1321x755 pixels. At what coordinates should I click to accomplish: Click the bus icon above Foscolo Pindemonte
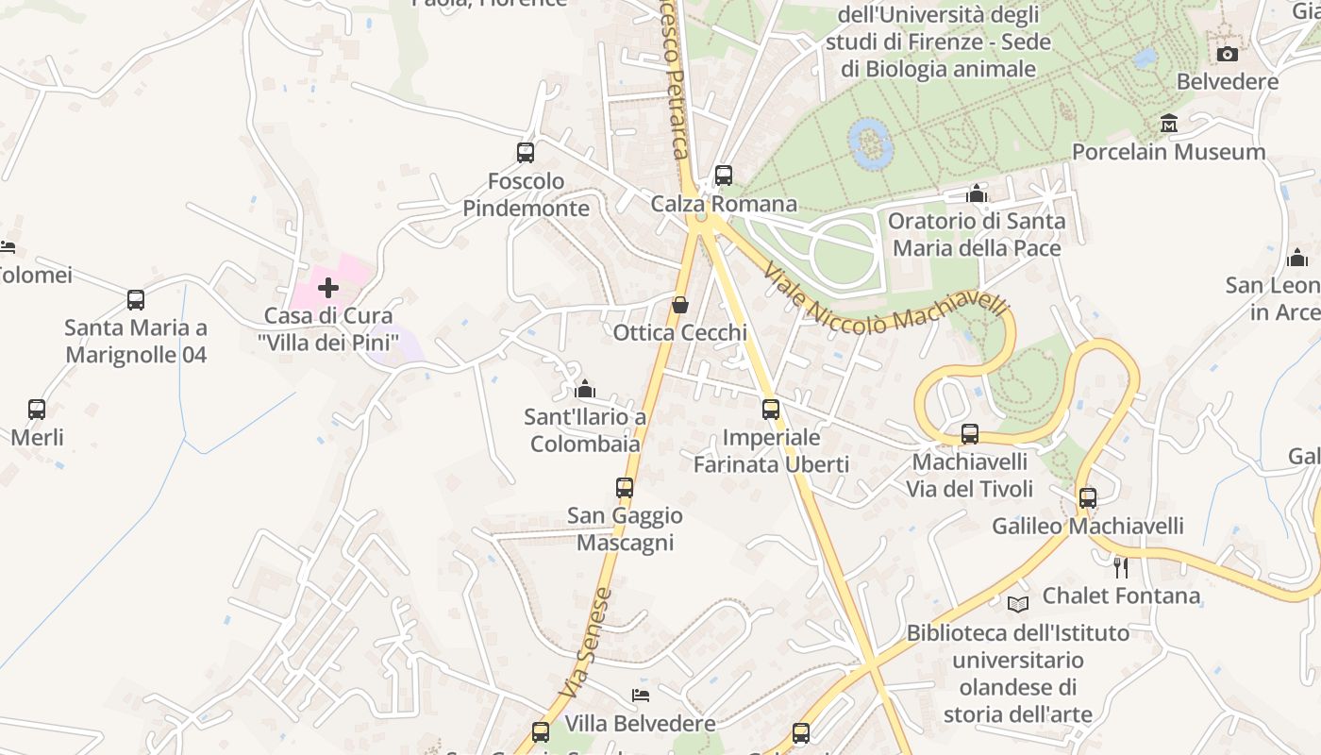(x=526, y=152)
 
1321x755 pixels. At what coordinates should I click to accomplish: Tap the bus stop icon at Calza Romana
(x=724, y=176)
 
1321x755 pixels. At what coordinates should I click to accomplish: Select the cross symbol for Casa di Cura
(x=328, y=287)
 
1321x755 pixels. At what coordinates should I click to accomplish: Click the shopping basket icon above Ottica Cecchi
(x=679, y=305)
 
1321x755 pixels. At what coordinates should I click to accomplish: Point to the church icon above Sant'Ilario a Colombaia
(x=585, y=389)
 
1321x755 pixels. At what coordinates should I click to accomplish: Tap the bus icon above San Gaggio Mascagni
(x=625, y=488)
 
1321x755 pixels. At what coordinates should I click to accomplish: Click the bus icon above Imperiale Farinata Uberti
(x=771, y=410)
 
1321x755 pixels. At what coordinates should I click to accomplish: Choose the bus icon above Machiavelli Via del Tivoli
(x=970, y=434)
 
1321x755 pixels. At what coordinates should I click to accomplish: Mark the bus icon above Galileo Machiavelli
(x=1088, y=498)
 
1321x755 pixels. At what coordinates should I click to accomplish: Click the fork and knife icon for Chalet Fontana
(x=1121, y=567)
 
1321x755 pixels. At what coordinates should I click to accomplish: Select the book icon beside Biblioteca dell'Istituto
(x=1017, y=604)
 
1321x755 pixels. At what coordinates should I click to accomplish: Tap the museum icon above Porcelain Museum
(x=1169, y=124)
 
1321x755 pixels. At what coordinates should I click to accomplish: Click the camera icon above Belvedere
(x=1227, y=54)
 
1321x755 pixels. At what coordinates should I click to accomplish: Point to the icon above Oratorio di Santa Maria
(x=977, y=194)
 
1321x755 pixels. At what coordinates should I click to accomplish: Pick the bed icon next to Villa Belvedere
(x=641, y=696)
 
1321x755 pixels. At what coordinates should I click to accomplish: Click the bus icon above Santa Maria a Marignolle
(x=136, y=300)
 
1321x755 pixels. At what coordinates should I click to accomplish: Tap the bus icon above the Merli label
(x=37, y=410)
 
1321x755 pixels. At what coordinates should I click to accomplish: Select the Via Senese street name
(x=587, y=644)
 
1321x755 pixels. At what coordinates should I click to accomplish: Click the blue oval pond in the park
(x=871, y=143)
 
